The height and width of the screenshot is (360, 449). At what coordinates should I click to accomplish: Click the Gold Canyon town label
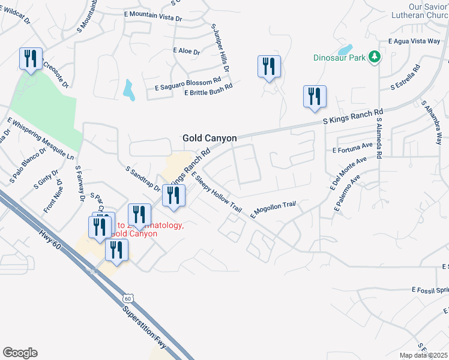click(x=209, y=138)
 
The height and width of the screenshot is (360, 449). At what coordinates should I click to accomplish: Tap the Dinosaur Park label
click(x=339, y=58)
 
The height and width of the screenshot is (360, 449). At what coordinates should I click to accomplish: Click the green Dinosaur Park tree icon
click(x=375, y=57)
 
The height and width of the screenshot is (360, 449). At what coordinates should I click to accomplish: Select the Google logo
click(x=20, y=353)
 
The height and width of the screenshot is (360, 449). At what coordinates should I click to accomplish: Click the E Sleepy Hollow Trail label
click(x=216, y=192)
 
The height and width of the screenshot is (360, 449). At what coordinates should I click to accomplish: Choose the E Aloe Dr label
click(x=186, y=52)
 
